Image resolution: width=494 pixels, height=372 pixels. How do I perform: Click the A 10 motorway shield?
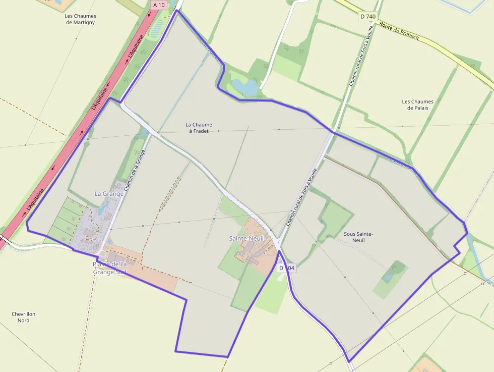[x=158, y=5]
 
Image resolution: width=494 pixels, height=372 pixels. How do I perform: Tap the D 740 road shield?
[x=368, y=16]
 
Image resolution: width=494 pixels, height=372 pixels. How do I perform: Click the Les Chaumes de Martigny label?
[x=81, y=19]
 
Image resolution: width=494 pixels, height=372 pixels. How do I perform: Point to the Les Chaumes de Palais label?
[x=417, y=104]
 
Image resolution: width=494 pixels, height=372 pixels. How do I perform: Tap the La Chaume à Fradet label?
[x=199, y=128]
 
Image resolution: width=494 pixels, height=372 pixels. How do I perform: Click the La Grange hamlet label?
[x=109, y=193]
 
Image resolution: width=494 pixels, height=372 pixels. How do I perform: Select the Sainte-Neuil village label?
[x=246, y=238]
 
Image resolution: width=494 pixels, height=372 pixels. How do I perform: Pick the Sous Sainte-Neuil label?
[x=358, y=237]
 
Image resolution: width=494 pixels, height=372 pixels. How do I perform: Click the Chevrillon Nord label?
[x=23, y=317]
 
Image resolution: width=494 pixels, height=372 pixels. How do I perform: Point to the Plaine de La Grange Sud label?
[x=109, y=268]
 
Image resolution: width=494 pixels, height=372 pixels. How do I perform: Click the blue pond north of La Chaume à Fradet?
[x=246, y=87]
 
